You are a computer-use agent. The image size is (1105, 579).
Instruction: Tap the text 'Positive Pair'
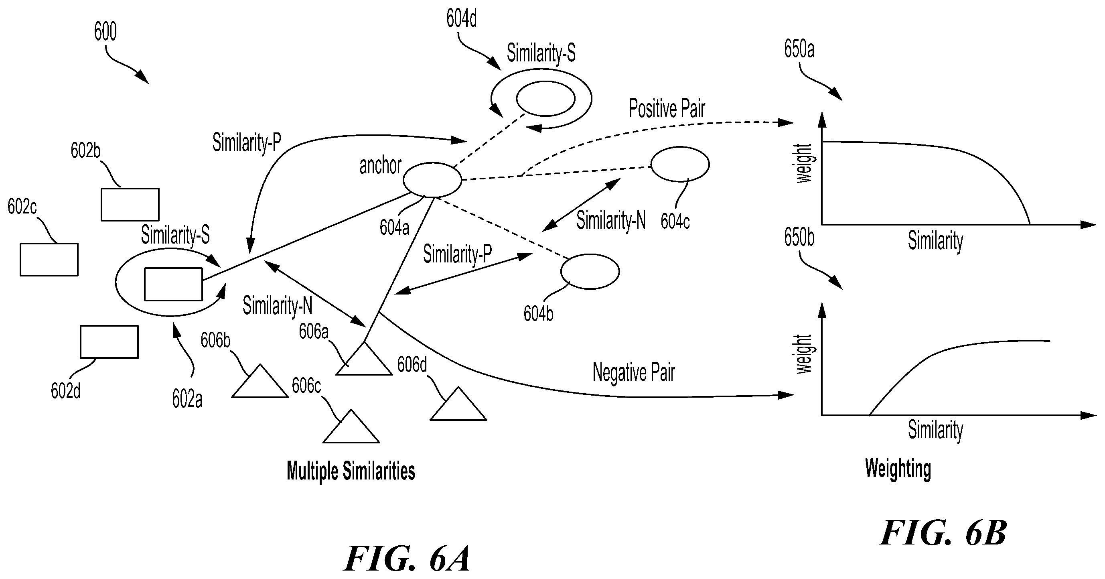667,109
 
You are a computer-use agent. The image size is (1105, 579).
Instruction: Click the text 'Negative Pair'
634,372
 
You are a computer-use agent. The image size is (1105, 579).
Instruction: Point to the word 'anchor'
380,166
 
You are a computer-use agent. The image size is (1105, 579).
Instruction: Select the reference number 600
105,31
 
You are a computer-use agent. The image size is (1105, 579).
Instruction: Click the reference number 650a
799,49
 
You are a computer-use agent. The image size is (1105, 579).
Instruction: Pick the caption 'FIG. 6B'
943,533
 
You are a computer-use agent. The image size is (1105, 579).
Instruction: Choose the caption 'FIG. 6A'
407,559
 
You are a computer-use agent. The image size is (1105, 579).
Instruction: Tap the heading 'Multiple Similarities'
351,471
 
